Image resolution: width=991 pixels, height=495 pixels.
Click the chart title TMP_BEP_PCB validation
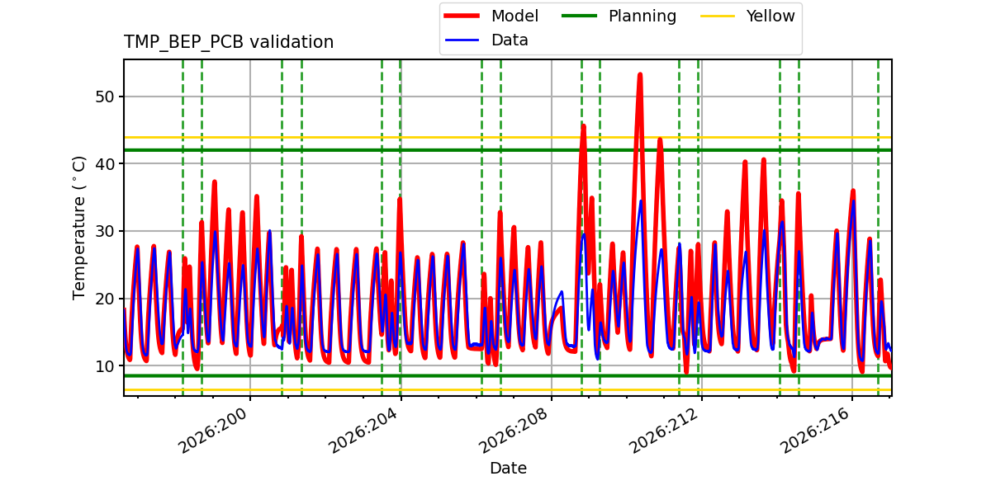tap(228, 42)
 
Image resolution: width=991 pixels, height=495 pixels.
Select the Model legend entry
tap(491, 16)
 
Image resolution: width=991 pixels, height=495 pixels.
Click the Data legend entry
tap(486, 40)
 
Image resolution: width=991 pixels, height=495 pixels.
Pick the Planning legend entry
tap(619, 16)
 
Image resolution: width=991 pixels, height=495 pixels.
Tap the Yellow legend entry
tap(747, 16)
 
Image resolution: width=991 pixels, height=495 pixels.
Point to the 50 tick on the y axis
tap(105, 97)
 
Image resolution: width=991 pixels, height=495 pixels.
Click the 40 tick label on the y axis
tap(105, 164)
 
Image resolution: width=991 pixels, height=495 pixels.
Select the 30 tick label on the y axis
tap(105, 231)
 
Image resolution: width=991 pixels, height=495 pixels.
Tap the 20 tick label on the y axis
tap(105, 299)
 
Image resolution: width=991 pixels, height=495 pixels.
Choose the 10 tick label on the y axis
tap(105, 366)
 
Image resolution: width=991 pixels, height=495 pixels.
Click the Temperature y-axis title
tap(78, 228)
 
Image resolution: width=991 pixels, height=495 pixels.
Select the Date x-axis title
tap(508, 468)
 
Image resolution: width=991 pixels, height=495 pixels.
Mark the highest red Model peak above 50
tap(640, 75)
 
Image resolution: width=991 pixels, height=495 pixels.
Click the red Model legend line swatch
tap(462, 16)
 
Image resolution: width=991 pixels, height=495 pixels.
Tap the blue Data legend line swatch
tap(462, 40)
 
